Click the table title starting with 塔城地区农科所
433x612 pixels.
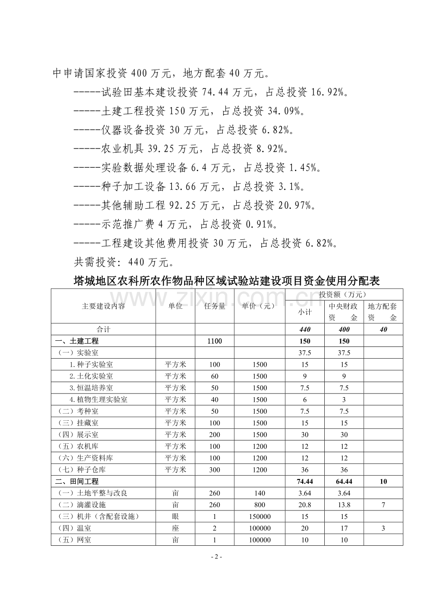point(227,281)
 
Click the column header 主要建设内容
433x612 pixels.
point(104,306)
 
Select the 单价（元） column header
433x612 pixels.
point(260,306)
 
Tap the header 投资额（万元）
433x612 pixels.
point(344,295)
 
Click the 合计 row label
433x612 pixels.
point(104,330)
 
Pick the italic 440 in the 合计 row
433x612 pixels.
point(305,330)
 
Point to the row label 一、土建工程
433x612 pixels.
point(77,341)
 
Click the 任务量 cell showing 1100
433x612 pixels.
point(214,341)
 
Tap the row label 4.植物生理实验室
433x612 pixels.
point(98,400)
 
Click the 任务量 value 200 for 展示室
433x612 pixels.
point(214,435)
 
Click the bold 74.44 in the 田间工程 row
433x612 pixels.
point(305,481)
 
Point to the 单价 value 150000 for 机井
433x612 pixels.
point(260,517)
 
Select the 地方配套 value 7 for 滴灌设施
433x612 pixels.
point(383,505)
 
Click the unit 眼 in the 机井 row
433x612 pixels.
point(176,517)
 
